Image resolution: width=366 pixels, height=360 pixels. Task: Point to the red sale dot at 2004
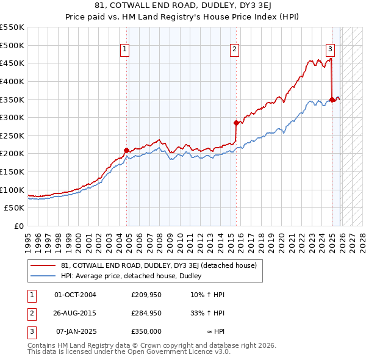tap(126, 150)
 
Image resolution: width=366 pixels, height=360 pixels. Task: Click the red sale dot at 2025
tap(332, 99)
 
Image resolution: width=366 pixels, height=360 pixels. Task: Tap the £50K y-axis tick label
tap(15, 208)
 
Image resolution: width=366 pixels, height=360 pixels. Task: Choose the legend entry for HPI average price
tap(135, 276)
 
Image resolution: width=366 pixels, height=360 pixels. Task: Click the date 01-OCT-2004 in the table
tap(75, 295)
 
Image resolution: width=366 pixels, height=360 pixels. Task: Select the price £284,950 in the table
tap(146, 313)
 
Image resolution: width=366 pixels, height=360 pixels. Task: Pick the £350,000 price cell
tap(146, 331)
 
